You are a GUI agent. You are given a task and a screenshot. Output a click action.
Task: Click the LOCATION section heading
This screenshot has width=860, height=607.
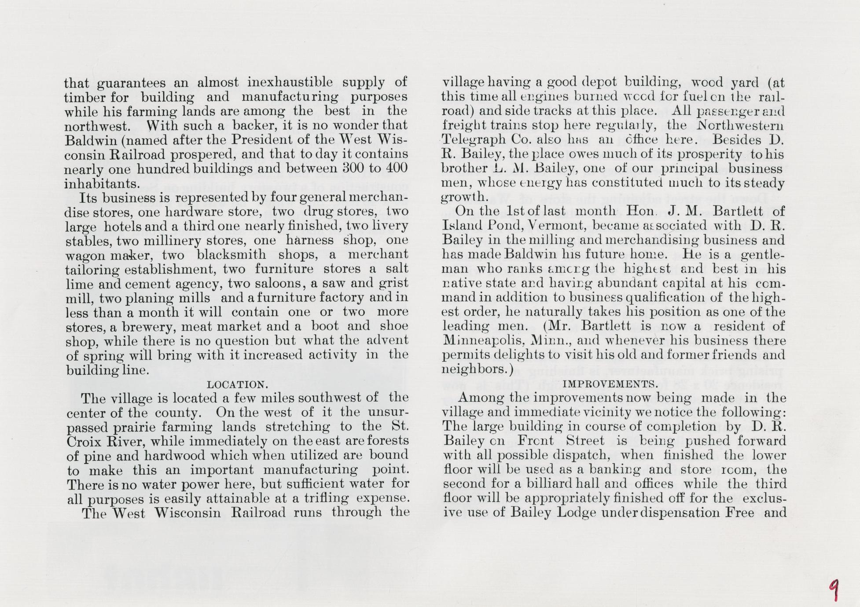[x=237, y=384]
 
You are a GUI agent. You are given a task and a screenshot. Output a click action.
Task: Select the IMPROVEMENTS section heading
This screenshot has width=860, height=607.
[x=610, y=384]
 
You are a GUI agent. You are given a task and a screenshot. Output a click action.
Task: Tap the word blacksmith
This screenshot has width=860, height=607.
[x=231, y=255]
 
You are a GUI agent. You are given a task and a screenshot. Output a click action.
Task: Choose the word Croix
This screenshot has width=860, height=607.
[x=85, y=441]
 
